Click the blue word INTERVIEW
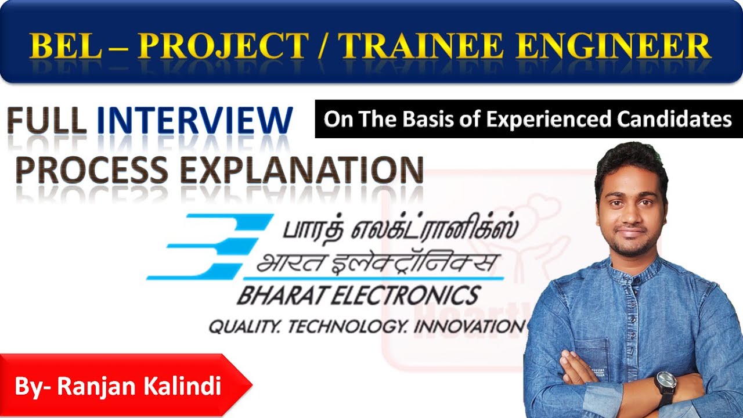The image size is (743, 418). [195, 121]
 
